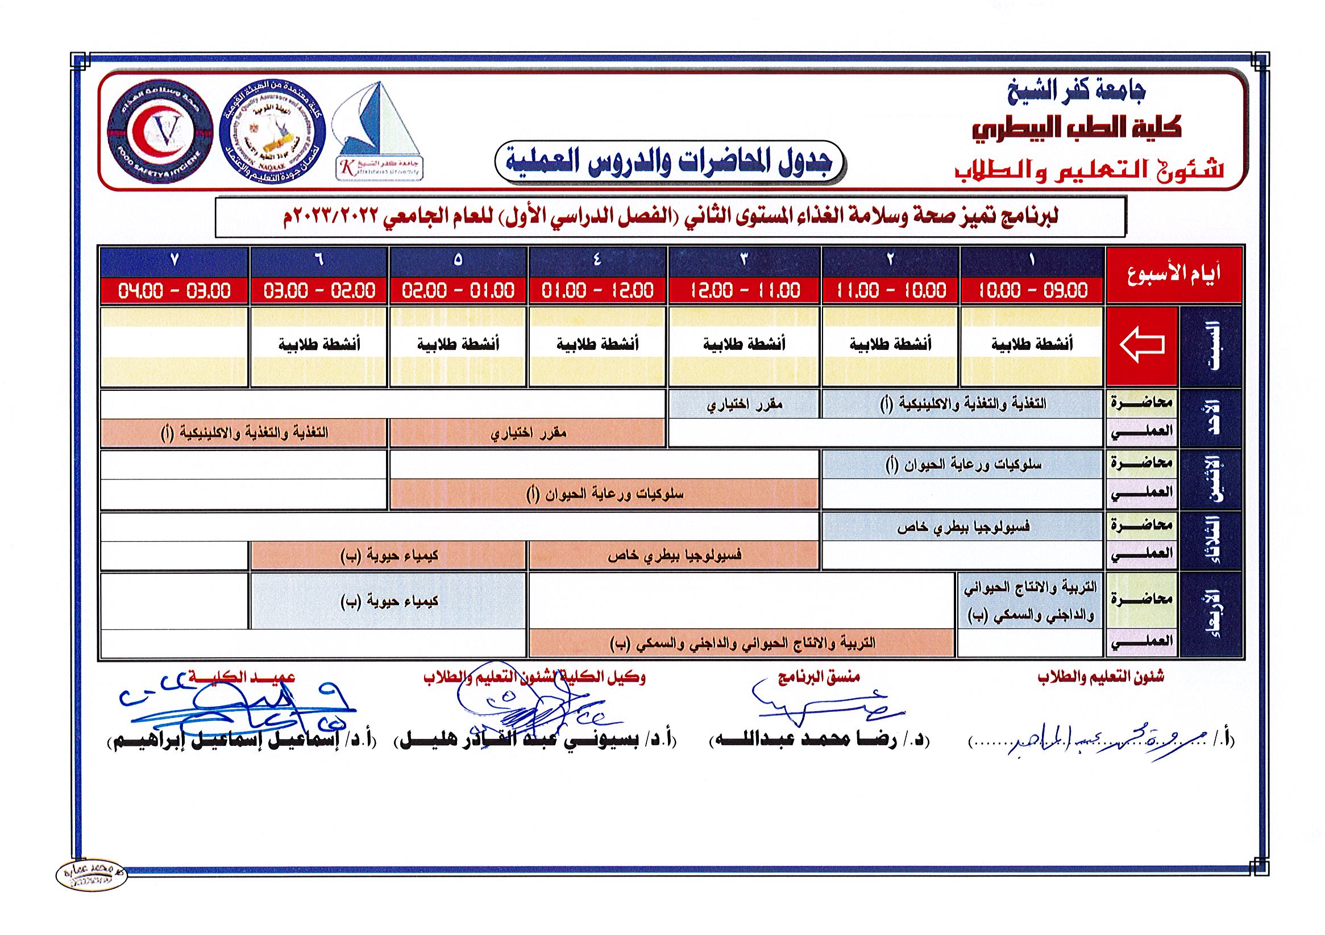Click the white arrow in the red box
pyautogui.click(x=1141, y=345)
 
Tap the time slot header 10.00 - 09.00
pyautogui.click(x=1032, y=290)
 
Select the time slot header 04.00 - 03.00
pyautogui.click(x=175, y=290)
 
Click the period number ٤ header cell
pyautogui.click(x=597, y=261)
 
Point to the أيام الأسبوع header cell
pyautogui.click(x=1173, y=275)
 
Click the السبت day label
pyautogui.click(x=1211, y=346)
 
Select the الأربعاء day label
pyautogui.click(x=1211, y=614)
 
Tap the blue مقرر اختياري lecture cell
pyautogui.click(x=745, y=404)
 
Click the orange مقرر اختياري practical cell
pyautogui.click(x=528, y=433)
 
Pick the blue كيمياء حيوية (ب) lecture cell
pyautogui.click(x=388, y=601)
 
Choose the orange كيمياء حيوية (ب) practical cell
pyautogui.click(x=388, y=556)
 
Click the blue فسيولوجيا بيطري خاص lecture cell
pyautogui.click(x=962, y=527)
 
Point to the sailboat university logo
pyautogui.click(x=378, y=131)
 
